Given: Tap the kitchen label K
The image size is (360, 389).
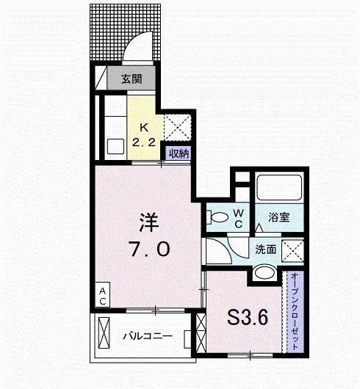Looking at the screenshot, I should [x=143, y=126].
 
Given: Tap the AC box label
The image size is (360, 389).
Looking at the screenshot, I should [x=102, y=295].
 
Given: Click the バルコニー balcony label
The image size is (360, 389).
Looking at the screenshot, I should [x=147, y=337].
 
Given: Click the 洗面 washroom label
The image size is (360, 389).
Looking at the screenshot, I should [x=266, y=250].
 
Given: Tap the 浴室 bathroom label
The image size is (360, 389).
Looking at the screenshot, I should [x=278, y=218].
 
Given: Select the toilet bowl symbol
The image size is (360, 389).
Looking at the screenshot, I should [x=216, y=218].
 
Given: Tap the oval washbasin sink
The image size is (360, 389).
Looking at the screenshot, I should [x=264, y=273].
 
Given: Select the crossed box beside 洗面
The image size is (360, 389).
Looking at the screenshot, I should [x=295, y=251].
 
